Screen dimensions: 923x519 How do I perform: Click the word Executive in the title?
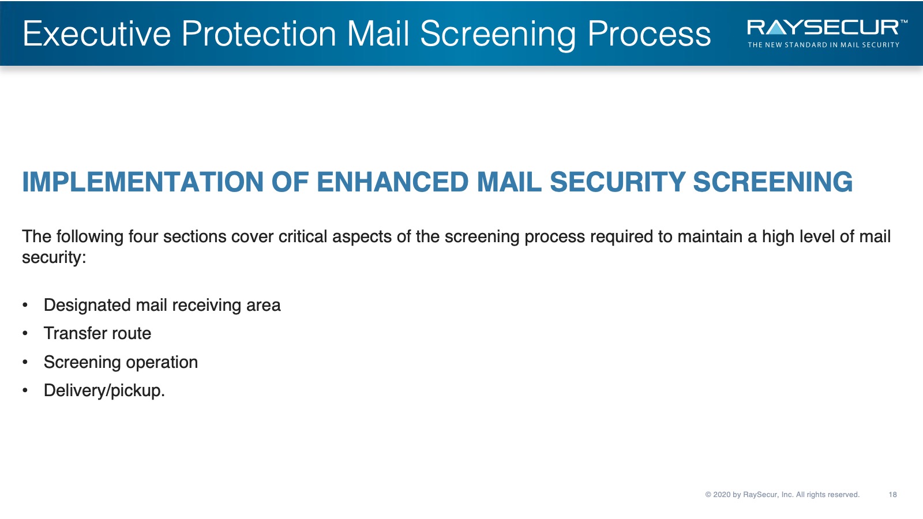click(97, 34)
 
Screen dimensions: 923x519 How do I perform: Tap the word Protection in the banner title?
click(259, 34)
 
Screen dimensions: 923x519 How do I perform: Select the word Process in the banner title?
click(649, 34)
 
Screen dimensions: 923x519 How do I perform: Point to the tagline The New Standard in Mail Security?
click(823, 45)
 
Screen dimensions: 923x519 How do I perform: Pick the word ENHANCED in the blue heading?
click(392, 182)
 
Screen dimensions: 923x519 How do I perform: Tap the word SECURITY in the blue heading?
click(617, 182)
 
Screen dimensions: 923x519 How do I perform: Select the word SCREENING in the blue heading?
click(773, 182)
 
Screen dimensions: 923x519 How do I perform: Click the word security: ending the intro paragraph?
click(54, 258)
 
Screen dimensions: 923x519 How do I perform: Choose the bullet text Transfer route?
click(97, 333)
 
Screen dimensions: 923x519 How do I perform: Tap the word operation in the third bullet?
click(162, 363)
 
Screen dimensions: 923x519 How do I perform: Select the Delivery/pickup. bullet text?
click(104, 390)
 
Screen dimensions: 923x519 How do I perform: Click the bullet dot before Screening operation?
click(25, 363)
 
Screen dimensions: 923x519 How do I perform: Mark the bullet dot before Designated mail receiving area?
click(25, 305)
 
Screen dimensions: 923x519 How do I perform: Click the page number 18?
click(892, 495)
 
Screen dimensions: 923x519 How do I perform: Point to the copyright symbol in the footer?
click(708, 495)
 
